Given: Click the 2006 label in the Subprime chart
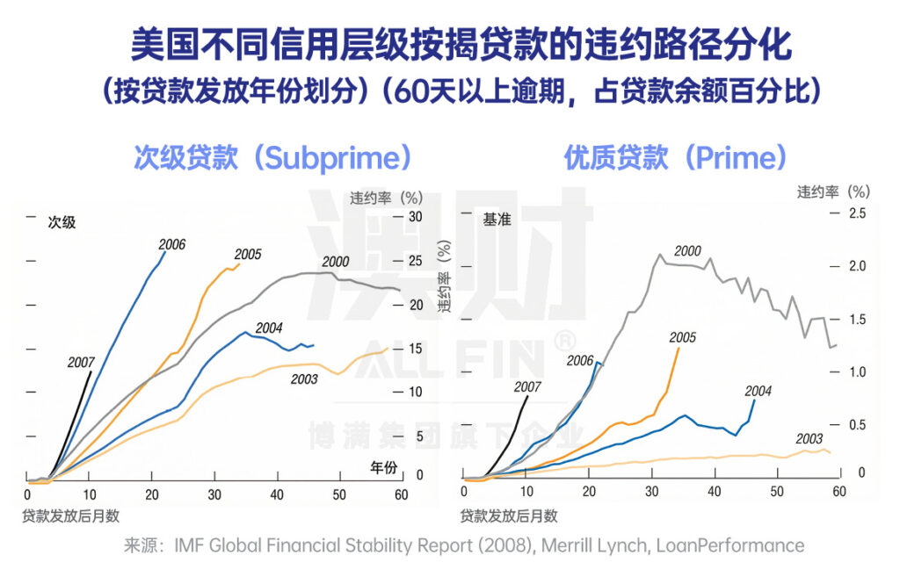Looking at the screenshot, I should point(172,244).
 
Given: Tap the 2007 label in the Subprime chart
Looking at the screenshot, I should point(81,362).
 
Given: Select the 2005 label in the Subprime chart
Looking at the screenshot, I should point(248,255).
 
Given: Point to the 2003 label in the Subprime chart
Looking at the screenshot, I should point(305,379).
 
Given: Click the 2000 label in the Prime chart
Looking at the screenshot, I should point(687,251).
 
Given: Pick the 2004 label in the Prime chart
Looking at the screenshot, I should point(758,391).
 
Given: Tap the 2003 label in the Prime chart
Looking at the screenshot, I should point(809,438).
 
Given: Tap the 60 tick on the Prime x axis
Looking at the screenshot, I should point(839,492).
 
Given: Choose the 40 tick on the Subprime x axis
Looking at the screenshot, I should point(278,493).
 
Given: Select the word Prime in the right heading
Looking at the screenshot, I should point(722,158).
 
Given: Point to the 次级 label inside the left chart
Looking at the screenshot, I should point(62,222).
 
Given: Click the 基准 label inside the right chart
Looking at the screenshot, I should point(497,220).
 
